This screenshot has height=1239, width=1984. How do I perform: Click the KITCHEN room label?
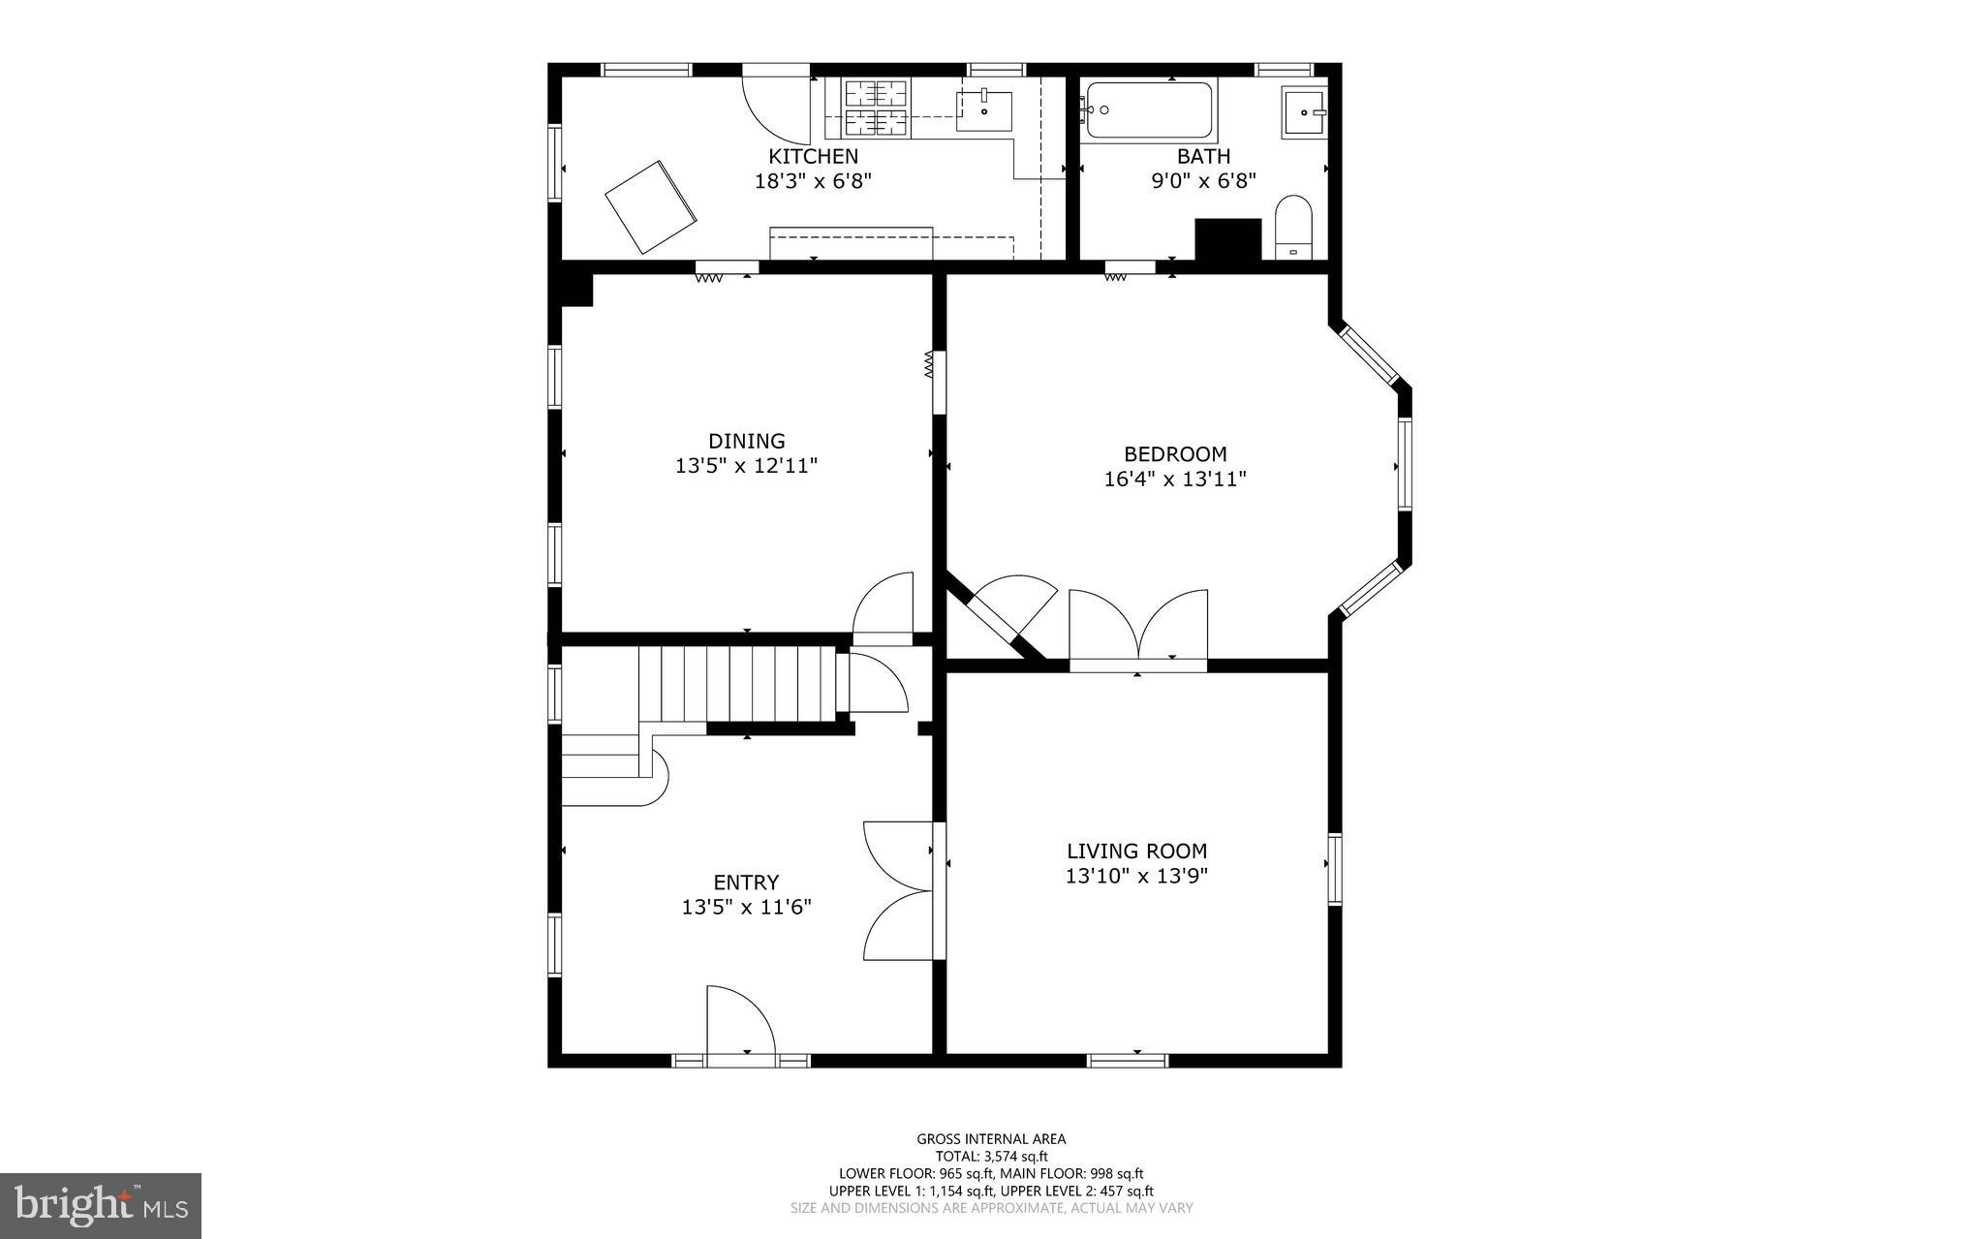813,156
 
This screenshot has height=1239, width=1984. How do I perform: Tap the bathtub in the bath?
1149,110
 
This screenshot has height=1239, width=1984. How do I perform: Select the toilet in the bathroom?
1292,227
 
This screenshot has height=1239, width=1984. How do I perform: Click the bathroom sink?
1304,113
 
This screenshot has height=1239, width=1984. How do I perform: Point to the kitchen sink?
983,111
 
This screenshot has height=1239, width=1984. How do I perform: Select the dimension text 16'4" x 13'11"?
1174,479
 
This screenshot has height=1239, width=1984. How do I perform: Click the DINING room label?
746,441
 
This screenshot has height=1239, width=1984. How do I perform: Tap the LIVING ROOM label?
1136,851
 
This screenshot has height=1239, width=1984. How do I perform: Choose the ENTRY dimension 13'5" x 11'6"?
746,907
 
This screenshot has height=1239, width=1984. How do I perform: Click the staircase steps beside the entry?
736,684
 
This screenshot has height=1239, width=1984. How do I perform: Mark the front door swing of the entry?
740,1023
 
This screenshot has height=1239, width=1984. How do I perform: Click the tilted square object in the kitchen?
650,206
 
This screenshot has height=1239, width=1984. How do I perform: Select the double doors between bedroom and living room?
1139,628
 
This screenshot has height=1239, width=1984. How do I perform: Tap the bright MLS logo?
101,1205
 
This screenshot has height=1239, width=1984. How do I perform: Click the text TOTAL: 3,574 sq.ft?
991,1156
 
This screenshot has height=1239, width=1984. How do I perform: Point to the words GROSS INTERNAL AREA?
991,1139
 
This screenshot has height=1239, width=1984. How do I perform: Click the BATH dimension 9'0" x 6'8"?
1203,180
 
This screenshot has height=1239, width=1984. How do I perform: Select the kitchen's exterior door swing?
777,105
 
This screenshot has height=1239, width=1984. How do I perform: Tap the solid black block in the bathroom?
1227,239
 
